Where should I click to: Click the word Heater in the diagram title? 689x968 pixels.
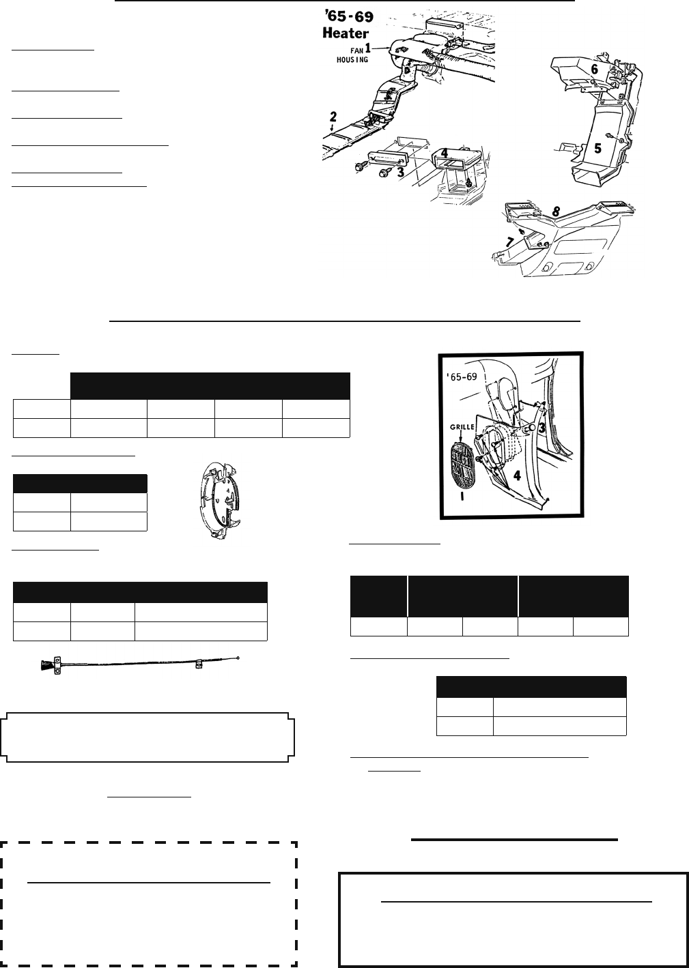[x=346, y=33]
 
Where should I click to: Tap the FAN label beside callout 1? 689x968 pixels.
[x=357, y=50]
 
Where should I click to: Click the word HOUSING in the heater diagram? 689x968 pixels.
[x=352, y=59]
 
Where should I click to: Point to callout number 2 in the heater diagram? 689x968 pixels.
[x=333, y=117]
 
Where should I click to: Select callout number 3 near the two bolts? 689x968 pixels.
[x=401, y=172]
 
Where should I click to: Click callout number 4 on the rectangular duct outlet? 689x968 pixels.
[x=444, y=153]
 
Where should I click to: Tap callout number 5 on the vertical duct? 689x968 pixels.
[x=597, y=148]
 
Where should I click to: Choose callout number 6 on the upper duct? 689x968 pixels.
[x=595, y=69]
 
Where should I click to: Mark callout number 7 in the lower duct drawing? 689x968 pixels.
[x=510, y=243]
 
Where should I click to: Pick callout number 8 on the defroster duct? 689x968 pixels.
[x=556, y=211]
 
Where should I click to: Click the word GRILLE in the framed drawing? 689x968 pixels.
[x=462, y=427]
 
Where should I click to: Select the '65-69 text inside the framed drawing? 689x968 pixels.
[x=462, y=377]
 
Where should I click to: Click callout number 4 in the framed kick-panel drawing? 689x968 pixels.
[x=517, y=475]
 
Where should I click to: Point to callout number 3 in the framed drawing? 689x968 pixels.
[x=542, y=428]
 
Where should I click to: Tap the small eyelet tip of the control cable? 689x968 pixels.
[x=238, y=658]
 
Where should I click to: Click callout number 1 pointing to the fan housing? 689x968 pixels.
[x=367, y=48]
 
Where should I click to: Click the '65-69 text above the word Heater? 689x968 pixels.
[x=349, y=17]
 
